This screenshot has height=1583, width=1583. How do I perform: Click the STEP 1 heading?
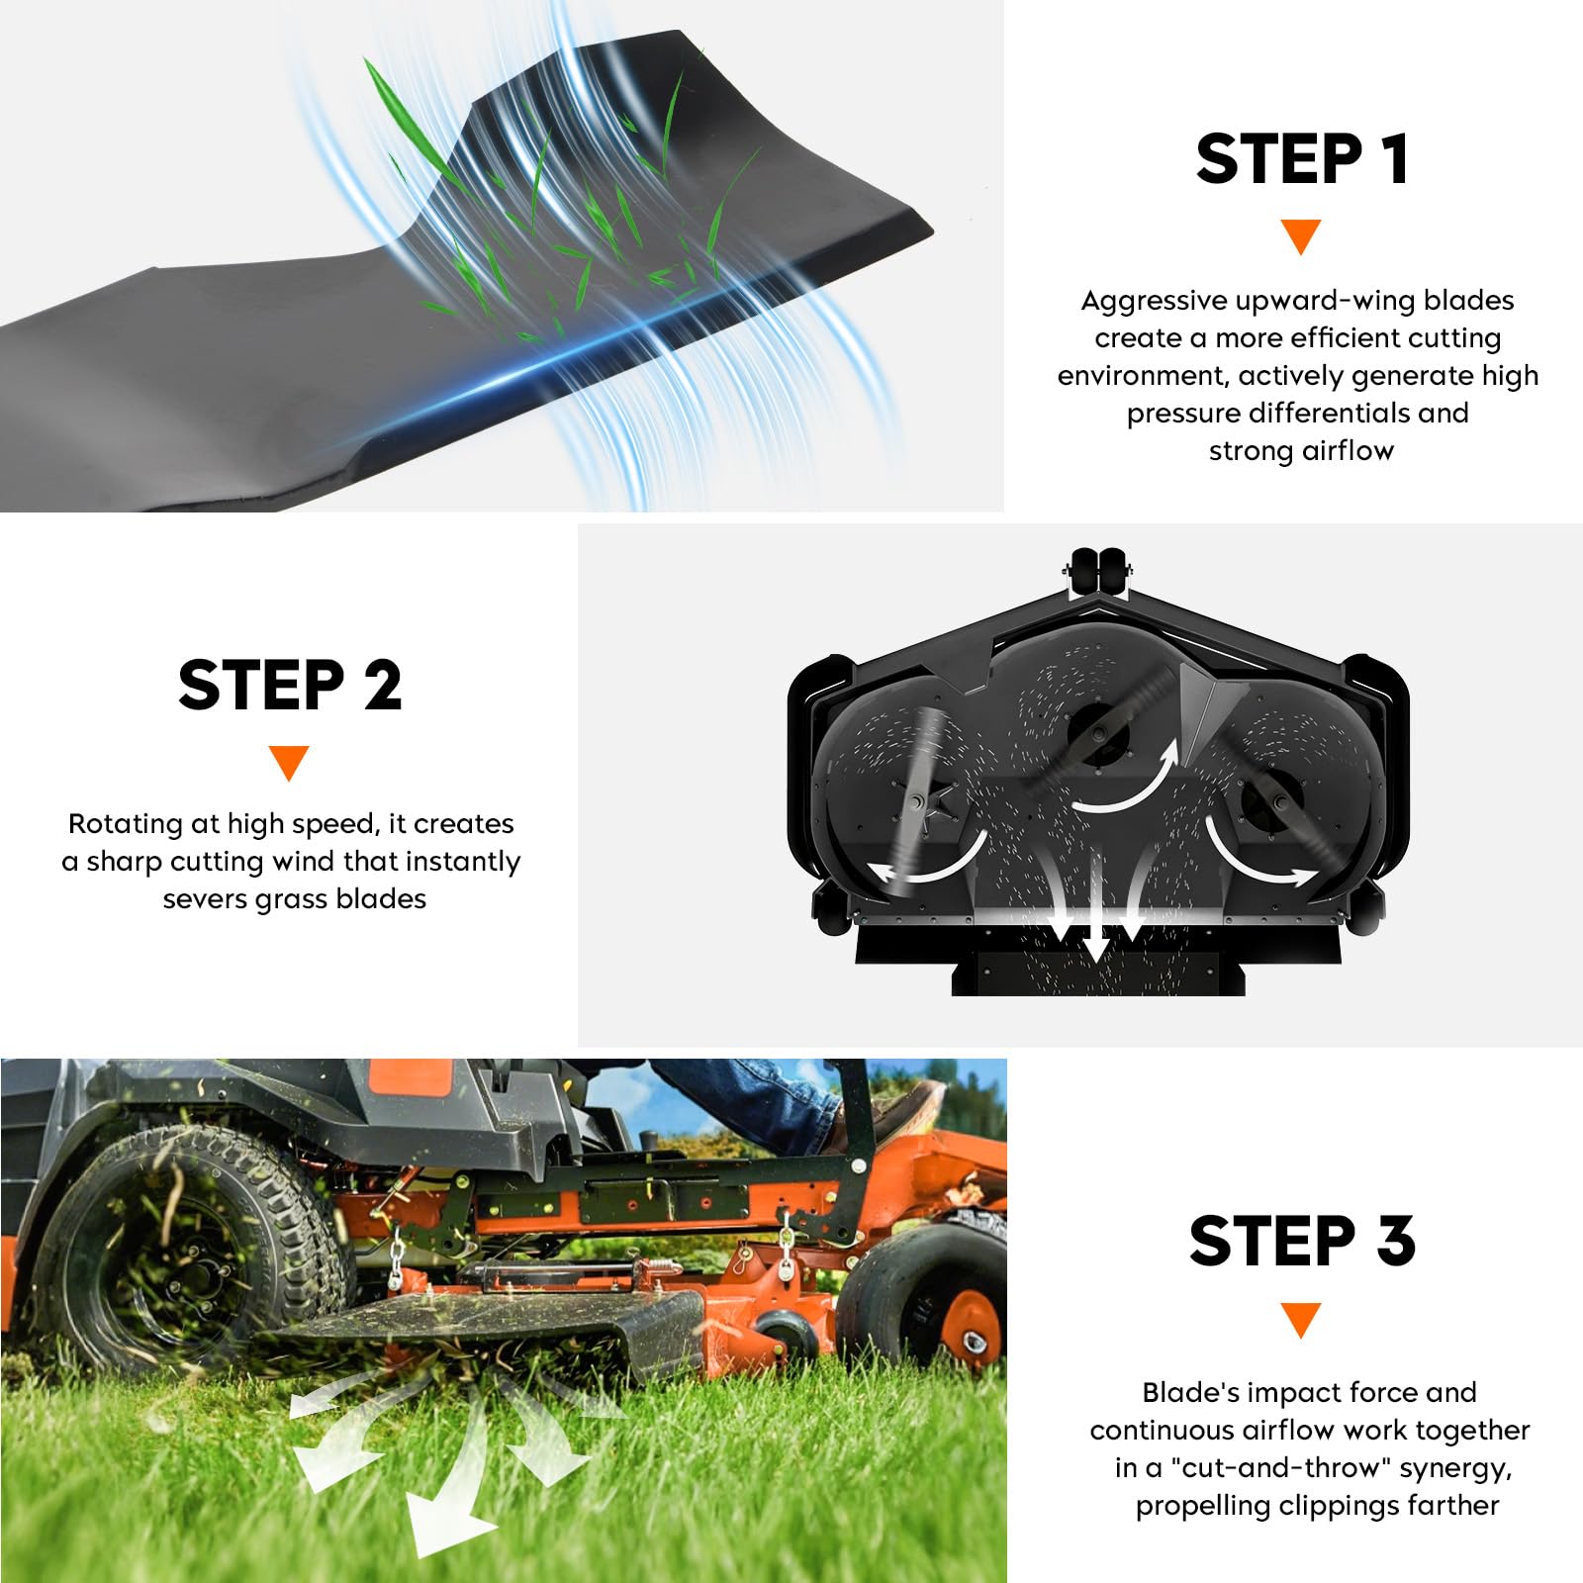click(x=1301, y=159)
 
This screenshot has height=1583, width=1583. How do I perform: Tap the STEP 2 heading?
click(x=290, y=685)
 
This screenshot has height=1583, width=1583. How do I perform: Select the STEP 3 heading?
click(x=1302, y=1241)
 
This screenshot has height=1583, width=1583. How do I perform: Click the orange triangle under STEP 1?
click(x=1301, y=236)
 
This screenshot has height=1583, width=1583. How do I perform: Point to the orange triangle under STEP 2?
click(x=289, y=763)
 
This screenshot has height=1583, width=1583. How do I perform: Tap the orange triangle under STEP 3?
click(x=1301, y=1320)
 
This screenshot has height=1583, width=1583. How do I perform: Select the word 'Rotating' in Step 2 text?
click(x=126, y=824)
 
